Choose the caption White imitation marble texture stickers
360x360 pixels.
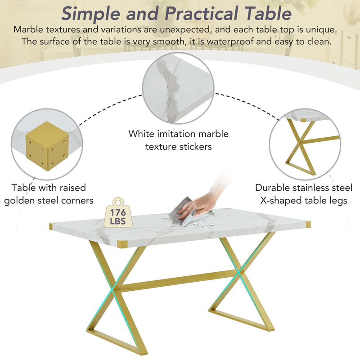[178, 140]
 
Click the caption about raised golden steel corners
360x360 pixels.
[49, 193]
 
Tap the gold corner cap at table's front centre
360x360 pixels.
[122, 244]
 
